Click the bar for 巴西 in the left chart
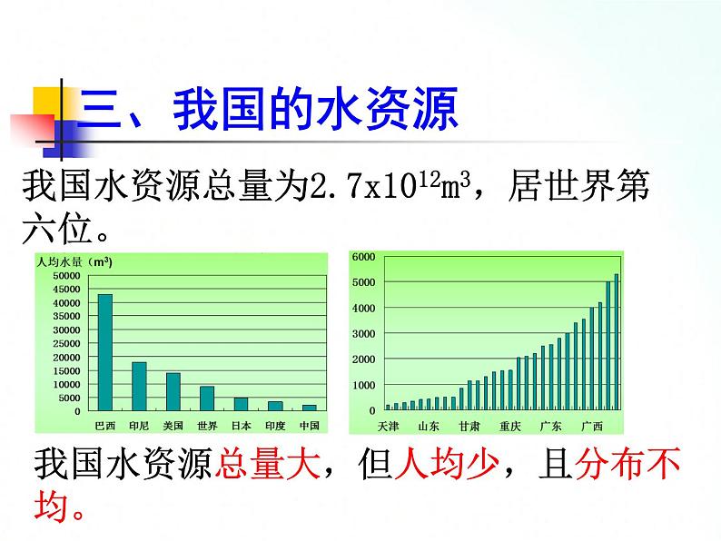click(x=105, y=352)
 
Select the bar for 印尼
click(x=139, y=387)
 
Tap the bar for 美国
click(x=173, y=392)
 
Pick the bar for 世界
click(x=207, y=398)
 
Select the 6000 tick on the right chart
click(x=363, y=257)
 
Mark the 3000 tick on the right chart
click(x=363, y=334)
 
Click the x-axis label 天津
click(x=388, y=426)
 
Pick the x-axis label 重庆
click(x=510, y=426)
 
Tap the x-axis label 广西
click(x=591, y=426)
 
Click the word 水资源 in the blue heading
click(x=380, y=112)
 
